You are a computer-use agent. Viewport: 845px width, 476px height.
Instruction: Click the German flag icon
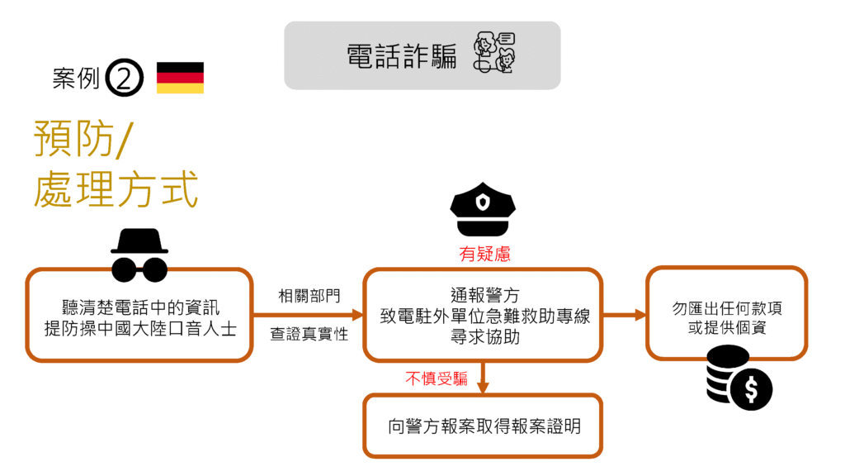(180, 78)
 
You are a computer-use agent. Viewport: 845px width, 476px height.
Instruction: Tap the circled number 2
(125, 79)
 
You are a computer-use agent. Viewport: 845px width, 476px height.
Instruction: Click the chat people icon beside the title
(493, 54)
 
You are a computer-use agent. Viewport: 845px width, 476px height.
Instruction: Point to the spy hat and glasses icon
(139, 255)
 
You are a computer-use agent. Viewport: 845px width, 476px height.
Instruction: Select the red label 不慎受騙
(437, 378)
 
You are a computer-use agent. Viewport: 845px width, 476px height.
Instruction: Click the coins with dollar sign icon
(738, 378)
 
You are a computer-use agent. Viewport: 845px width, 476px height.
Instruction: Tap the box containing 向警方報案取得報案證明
(484, 426)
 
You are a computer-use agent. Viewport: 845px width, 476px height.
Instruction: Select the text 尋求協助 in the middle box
(484, 336)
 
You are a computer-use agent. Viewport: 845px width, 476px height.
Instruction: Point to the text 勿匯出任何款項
(727, 308)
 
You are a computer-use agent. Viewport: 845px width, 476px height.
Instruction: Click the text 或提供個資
(727, 327)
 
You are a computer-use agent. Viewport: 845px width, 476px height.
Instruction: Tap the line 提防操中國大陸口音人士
(140, 328)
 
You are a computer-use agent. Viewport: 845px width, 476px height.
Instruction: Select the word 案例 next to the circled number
(76, 79)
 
